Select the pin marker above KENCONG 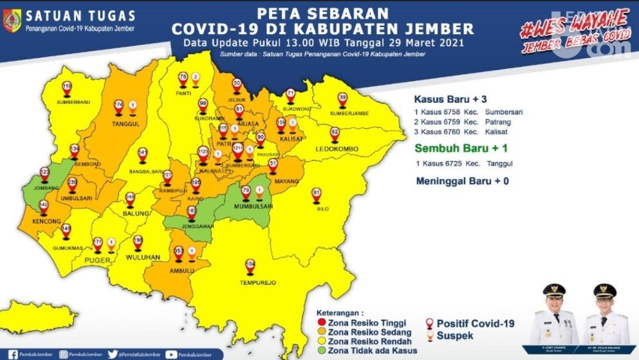point(43,207)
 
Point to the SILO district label point(316,208)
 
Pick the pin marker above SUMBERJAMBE point(342,99)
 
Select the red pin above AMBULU point(178,253)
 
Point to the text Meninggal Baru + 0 point(461,181)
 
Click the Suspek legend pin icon point(428,336)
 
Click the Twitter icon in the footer point(113,354)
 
